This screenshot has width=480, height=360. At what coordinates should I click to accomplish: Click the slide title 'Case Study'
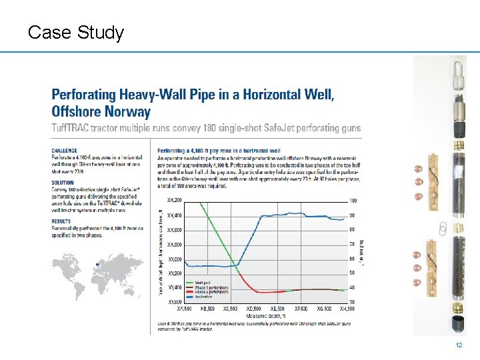pos(76,32)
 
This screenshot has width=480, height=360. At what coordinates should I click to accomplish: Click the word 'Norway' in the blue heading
pos(127,111)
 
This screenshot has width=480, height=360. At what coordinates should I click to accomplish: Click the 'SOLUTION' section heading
pos(63,181)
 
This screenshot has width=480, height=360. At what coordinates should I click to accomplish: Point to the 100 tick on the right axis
pos(353,201)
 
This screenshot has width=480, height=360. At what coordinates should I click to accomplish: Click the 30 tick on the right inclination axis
pos(352,303)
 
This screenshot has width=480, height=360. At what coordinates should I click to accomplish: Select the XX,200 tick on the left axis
pos(174,200)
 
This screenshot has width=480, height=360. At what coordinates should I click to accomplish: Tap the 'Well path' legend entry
pos(203,283)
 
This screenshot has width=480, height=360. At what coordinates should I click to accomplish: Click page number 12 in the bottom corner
pos(458,345)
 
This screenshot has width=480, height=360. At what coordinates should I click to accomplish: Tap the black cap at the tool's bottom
pos(440,325)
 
